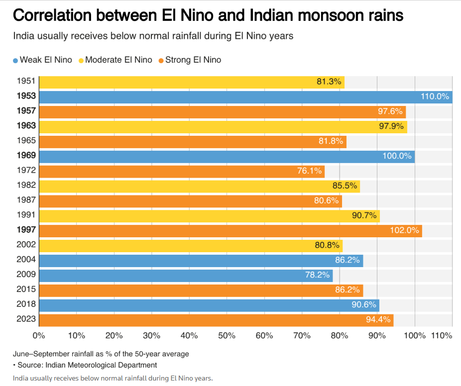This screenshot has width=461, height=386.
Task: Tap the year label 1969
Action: click(26, 156)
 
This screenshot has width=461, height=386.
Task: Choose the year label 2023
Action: click(26, 320)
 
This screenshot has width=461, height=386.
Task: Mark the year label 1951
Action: click(26, 82)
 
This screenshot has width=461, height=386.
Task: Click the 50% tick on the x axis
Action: click(227, 336)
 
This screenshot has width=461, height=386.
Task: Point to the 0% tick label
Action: click(39, 336)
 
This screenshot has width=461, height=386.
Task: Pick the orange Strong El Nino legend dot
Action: click(161, 61)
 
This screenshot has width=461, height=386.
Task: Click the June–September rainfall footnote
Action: click(101, 354)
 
